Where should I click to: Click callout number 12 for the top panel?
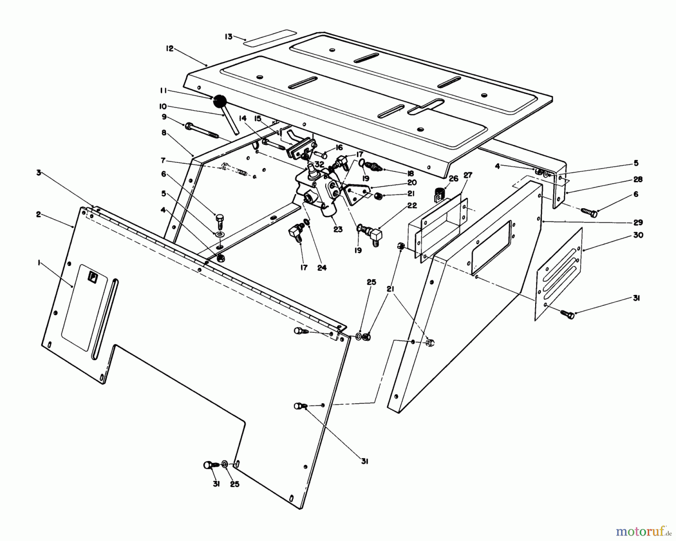170,48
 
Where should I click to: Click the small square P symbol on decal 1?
92,277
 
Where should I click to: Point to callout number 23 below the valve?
338,229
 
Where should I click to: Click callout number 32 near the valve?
320,164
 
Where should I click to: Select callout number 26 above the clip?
453,178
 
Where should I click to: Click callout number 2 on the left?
38,214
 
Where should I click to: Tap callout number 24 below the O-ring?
322,267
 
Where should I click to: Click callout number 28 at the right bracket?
638,180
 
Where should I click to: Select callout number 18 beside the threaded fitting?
410,173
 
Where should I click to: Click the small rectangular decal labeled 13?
270,38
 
